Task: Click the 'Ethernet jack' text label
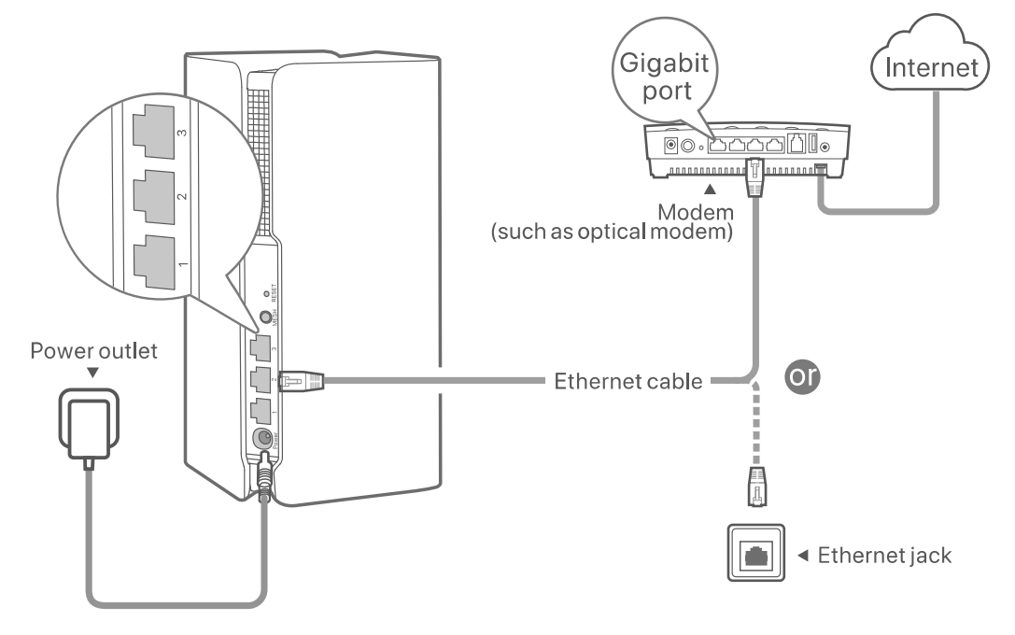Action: coord(883,557)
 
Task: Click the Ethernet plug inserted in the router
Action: coord(301,381)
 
